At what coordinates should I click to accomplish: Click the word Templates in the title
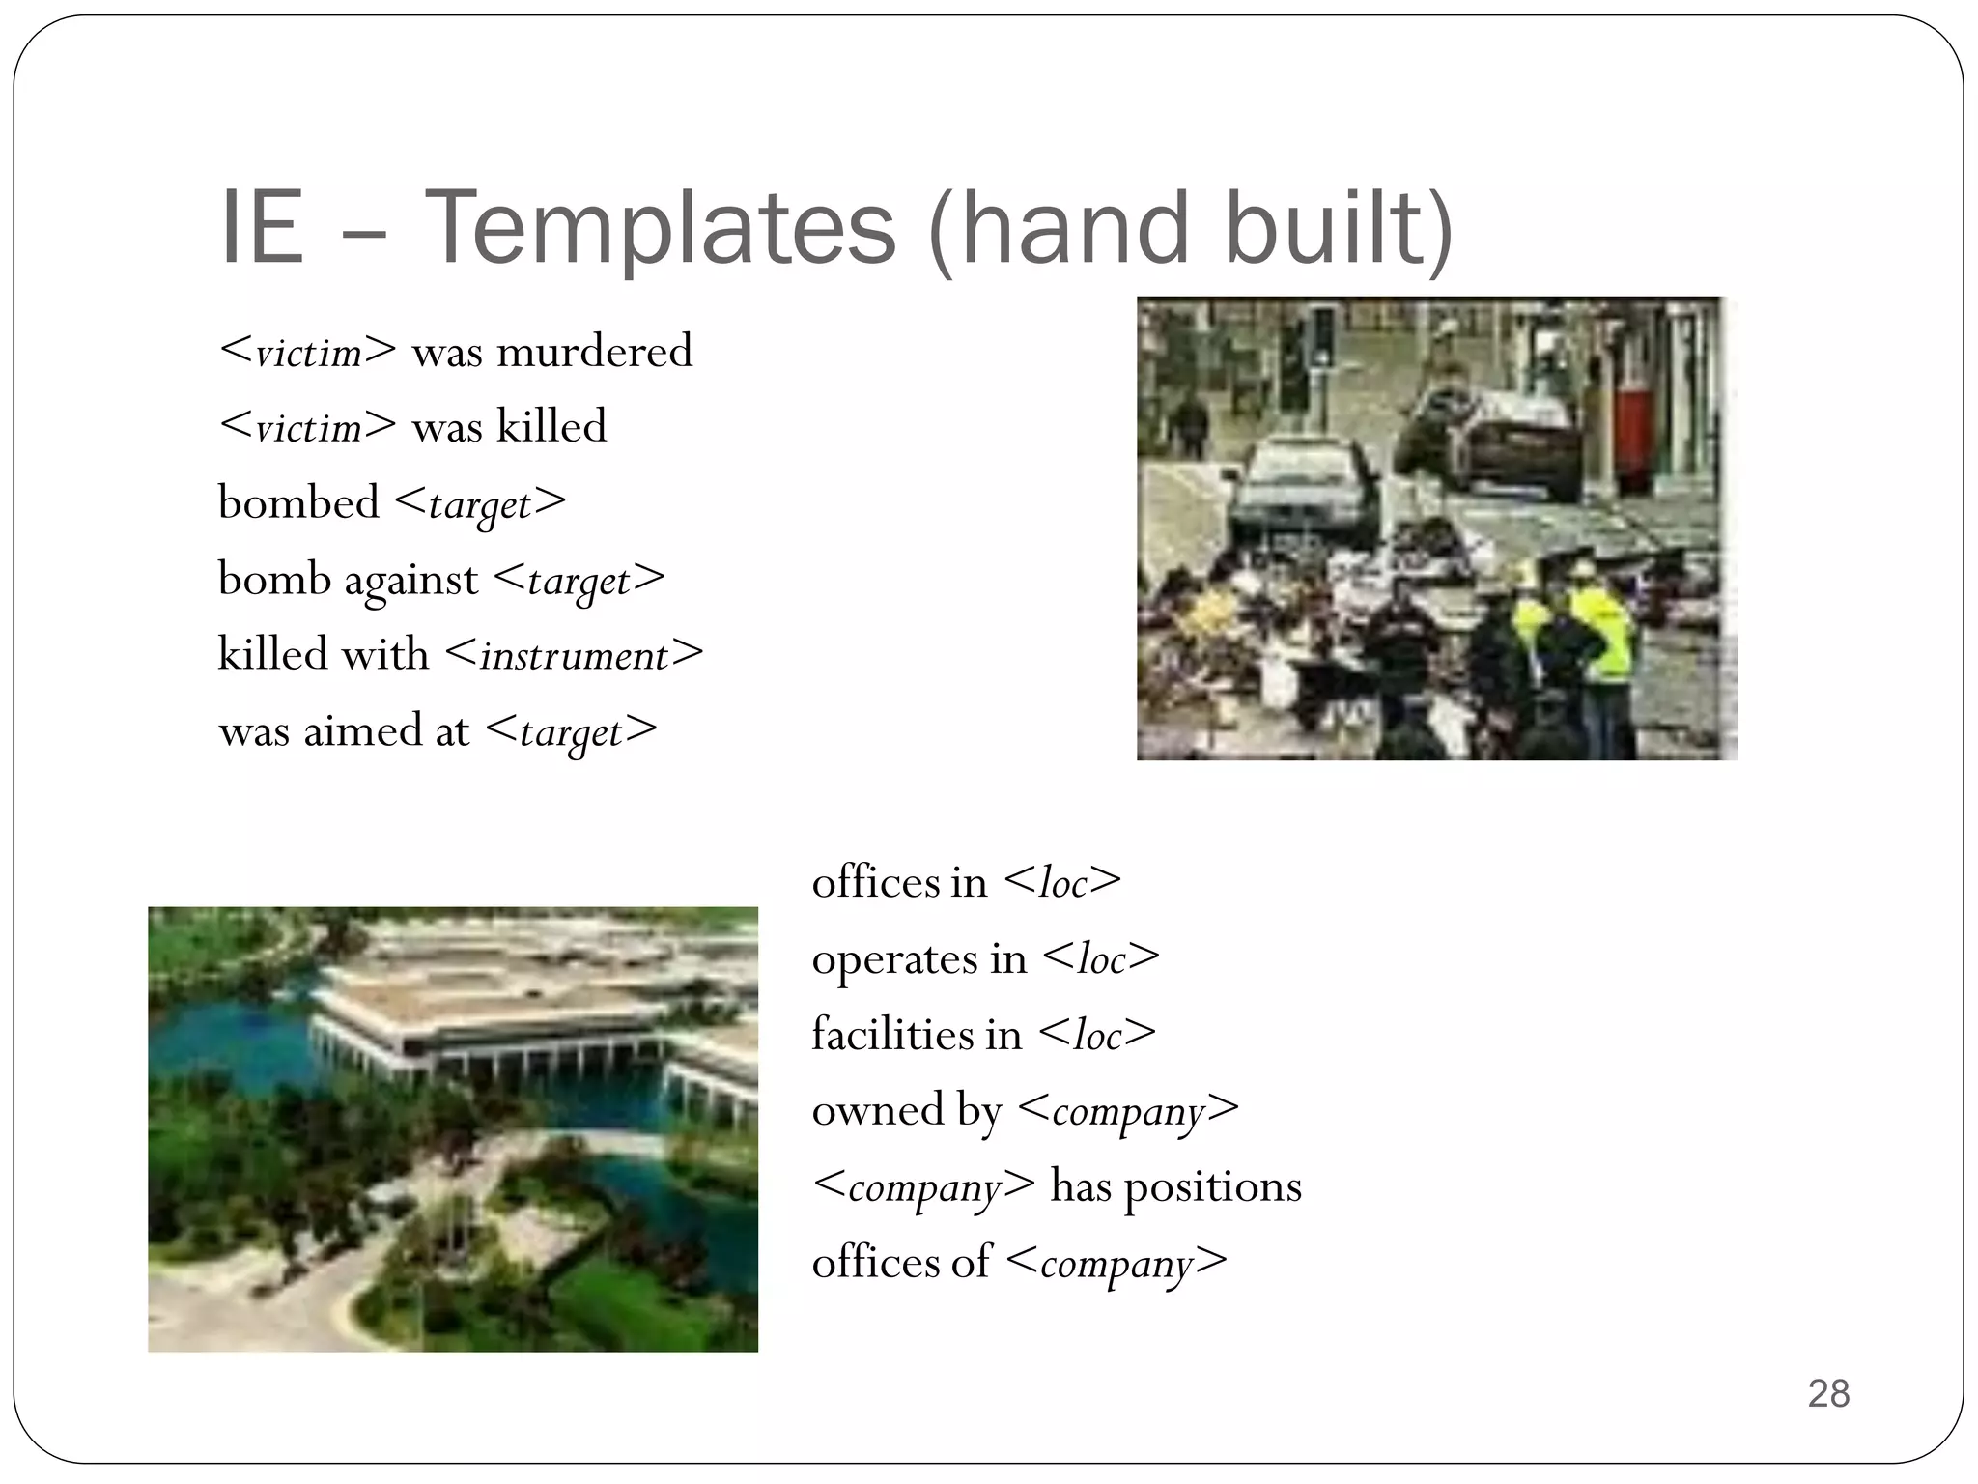point(660,228)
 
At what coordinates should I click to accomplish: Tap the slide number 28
point(1827,1393)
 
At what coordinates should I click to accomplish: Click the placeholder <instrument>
point(575,655)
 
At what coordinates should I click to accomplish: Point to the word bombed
point(298,502)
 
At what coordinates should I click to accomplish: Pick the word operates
point(892,958)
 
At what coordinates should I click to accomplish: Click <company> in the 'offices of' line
point(1116,1262)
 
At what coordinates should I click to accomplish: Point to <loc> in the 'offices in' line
point(1062,882)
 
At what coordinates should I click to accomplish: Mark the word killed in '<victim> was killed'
point(551,426)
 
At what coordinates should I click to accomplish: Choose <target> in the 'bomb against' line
point(579,580)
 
